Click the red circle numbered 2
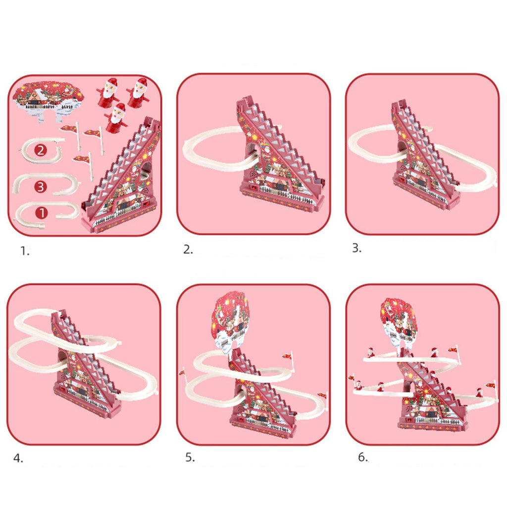pos(41,151)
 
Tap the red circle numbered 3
pos(41,187)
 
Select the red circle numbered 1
pos(41,213)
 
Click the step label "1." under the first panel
pos(25,251)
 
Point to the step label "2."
pos(188,250)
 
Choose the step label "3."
pos(356,248)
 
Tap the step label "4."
pos(18,458)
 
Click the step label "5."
pos(190,457)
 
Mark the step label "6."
pos(363,457)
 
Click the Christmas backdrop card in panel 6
pos(399,322)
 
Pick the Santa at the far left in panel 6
pos(358,385)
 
